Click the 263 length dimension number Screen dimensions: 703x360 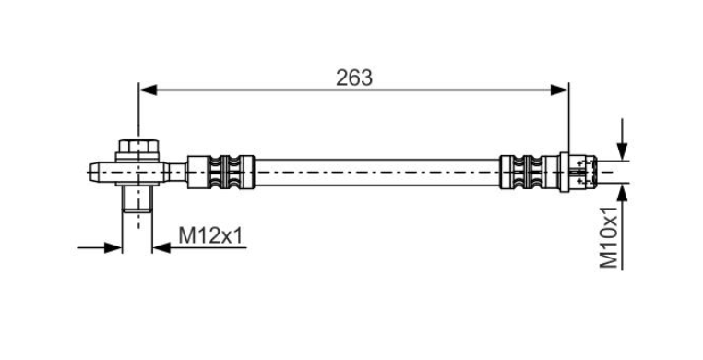tap(354, 78)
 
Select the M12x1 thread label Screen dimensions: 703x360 tap(210, 235)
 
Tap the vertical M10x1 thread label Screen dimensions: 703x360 tap(609, 236)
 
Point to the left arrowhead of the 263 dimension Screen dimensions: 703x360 tap(148, 90)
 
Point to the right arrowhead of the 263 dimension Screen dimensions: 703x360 tap(559, 90)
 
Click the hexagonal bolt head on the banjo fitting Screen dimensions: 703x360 tap(138, 146)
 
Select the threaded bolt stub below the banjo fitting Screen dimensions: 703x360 tap(137, 198)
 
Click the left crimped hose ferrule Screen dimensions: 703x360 tap(220, 172)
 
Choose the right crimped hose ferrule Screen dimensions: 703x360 tap(530, 172)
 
